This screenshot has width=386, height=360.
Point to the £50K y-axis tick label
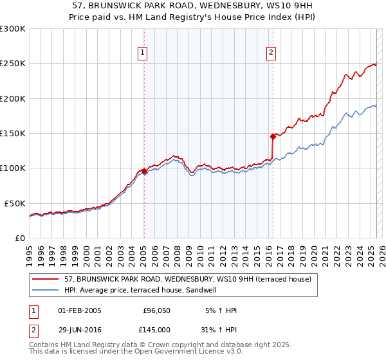pos(15,203)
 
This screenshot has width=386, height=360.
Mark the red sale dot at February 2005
pos(144,171)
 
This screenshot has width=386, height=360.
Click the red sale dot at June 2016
pos(273,136)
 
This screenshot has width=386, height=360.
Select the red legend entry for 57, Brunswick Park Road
pos(187,279)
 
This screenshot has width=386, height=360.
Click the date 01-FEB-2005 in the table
pos(80,310)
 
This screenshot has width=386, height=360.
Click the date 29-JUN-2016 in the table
pos(80,329)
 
